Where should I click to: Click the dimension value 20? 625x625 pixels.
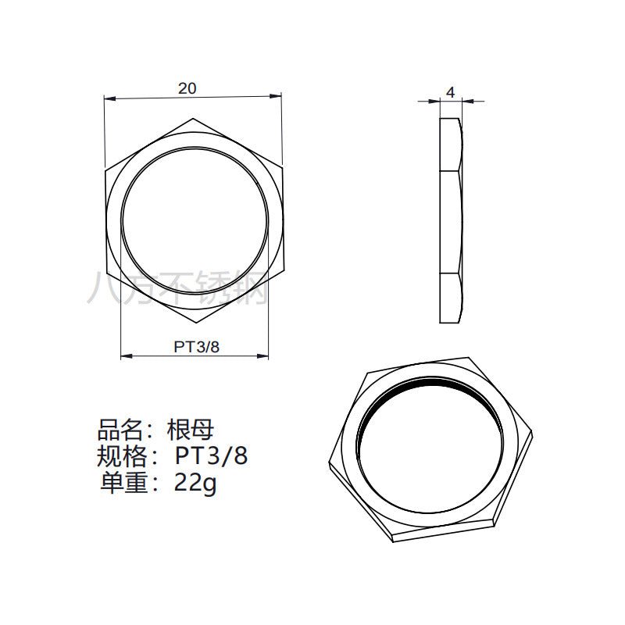(x=187, y=88)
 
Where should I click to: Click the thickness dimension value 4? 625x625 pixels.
(x=451, y=92)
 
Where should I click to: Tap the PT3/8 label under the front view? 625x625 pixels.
(x=197, y=347)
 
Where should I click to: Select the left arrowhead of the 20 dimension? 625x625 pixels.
(x=109, y=98)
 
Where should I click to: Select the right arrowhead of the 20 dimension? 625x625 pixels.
(x=276, y=95)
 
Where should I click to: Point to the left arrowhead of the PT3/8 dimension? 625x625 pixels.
(x=127, y=355)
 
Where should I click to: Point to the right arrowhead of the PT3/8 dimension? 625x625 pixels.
(x=262, y=355)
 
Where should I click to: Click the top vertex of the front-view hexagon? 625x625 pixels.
(x=193, y=119)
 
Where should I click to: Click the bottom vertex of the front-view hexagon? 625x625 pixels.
(x=195, y=323)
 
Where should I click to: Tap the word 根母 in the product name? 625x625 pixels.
(x=190, y=430)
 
